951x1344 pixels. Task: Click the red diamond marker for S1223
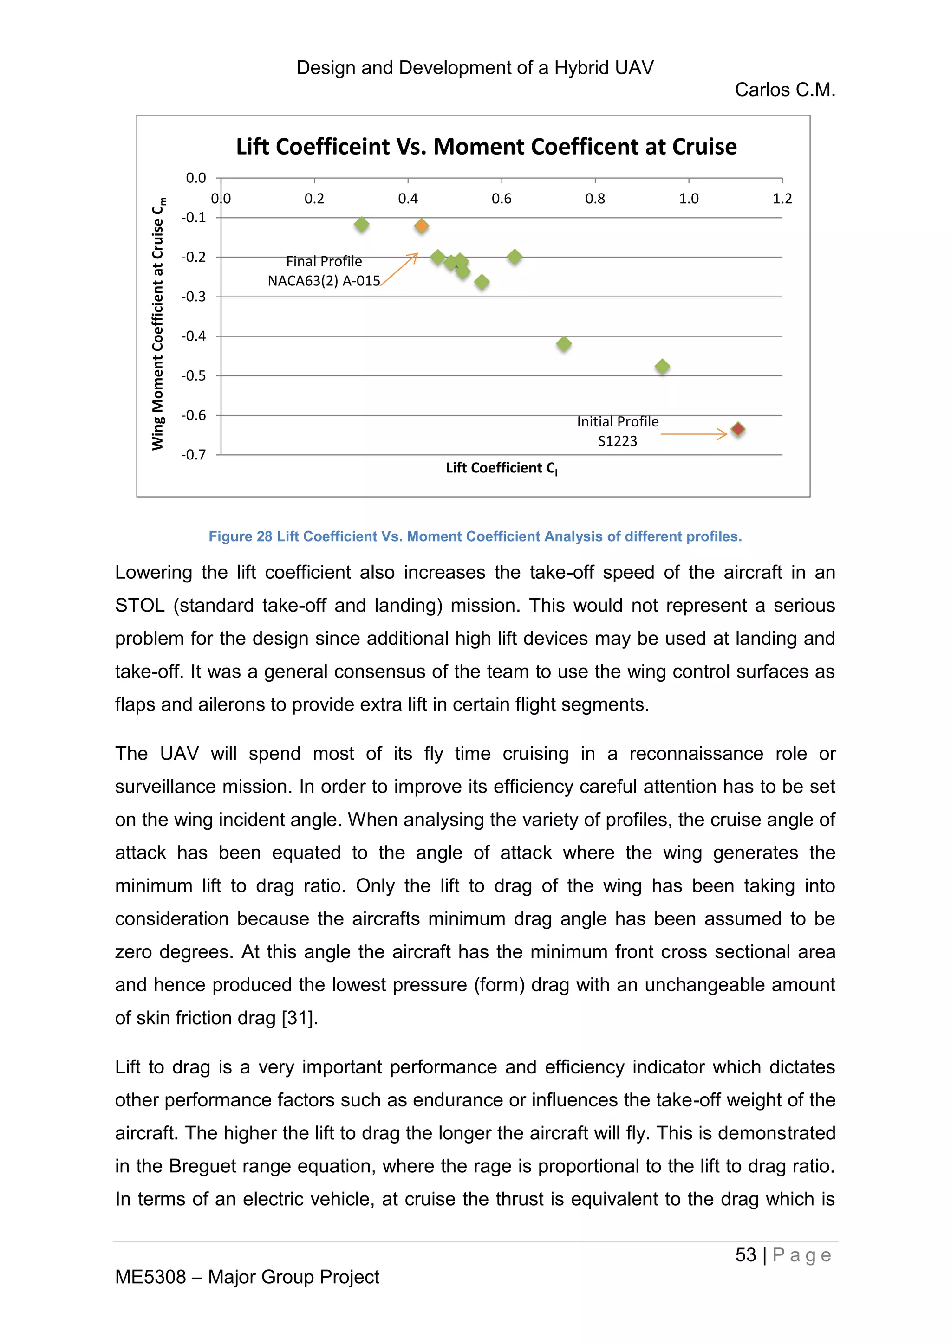(738, 429)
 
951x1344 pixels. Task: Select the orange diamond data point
(422, 226)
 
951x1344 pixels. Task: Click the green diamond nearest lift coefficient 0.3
(361, 224)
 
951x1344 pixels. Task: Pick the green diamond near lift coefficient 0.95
(662, 367)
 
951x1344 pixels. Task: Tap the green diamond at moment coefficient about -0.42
(564, 344)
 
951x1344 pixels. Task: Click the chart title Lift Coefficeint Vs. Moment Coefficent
(486, 146)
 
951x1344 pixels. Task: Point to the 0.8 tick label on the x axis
(595, 199)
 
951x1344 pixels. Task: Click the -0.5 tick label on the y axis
(193, 375)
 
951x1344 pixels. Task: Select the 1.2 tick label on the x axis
(782, 199)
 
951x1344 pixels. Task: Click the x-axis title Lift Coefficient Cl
(501, 468)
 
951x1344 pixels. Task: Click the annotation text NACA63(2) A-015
(324, 281)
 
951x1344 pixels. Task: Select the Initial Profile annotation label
(617, 421)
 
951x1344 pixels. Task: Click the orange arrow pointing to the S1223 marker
(694, 434)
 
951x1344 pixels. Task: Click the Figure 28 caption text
(475, 536)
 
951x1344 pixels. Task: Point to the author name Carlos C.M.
(785, 90)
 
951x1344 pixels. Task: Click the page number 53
(745, 1254)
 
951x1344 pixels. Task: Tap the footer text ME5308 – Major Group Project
(247, 1277)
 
